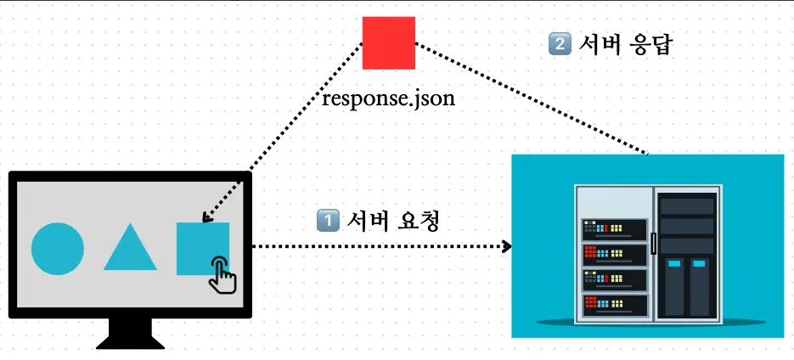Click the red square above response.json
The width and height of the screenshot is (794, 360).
pyautogui.click(x=388, y=43)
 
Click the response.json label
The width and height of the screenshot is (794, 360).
pyautogui.click(x=389, y=98)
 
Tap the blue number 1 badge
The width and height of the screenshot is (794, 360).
pyautogui.click(x=328, y=221)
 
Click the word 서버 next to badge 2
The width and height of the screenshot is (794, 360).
pyautogui.click(x=599, y=44)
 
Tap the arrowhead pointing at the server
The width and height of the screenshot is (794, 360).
pyautogui.click(x=507, y=247)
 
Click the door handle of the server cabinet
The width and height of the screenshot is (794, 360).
pyautogui.click(x=652, y=242)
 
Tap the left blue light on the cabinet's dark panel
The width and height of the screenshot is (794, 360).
pyautogui.click(x=673, y=264)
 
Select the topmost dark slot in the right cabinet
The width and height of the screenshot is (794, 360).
pyautogui.click(x=687, y=206)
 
